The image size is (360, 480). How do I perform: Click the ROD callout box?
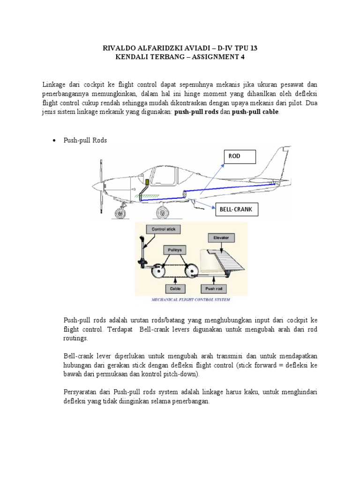(240, 157)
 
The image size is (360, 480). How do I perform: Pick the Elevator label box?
(221, 238)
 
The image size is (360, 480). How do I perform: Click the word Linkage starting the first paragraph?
(55, 85)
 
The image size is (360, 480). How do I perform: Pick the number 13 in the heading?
(253, 48)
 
